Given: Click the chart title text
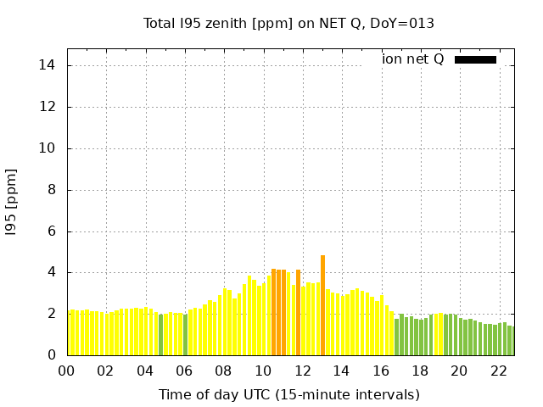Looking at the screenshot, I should coord(288,24).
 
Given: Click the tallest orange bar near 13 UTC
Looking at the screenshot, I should coord(322,305).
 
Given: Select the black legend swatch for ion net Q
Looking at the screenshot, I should coord(475,59).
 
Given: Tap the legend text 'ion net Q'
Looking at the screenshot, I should coord(412,59).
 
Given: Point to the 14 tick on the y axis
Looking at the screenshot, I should coord(48,65).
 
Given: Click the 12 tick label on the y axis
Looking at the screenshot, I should coord(48,107).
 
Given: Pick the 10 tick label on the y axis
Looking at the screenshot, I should coord(48,148).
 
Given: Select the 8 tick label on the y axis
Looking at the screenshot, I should coord(51,190).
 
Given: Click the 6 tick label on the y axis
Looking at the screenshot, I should coord(51,231).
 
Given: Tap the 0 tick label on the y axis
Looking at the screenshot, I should coord(51,355).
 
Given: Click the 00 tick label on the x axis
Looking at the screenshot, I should coord(66,371).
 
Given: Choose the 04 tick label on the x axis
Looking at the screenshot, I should coord(145,371).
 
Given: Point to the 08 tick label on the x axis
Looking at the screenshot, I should coord(223,371).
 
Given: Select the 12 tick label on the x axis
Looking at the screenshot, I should coord(302,371).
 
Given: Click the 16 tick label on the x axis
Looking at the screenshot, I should coord(381,371).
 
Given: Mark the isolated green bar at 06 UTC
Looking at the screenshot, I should coord(186,335).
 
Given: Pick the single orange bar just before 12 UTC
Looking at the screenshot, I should coord(298,312).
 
